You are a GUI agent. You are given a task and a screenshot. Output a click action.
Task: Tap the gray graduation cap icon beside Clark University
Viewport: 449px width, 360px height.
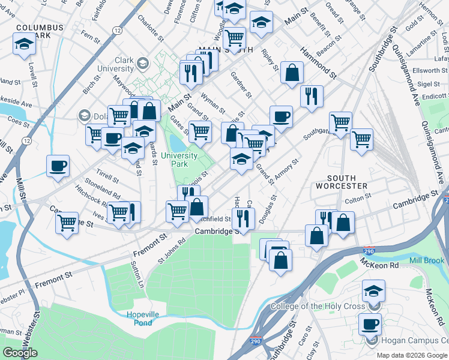point(143,62)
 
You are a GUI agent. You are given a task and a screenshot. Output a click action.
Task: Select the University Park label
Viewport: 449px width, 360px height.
point(179,160)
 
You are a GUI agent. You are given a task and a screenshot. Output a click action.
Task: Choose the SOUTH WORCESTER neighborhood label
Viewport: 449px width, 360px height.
point(348,182)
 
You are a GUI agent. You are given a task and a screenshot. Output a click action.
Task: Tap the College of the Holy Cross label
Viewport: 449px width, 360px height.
point(318,307)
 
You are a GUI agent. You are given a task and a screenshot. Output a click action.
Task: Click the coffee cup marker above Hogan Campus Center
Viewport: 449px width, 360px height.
point(370,325)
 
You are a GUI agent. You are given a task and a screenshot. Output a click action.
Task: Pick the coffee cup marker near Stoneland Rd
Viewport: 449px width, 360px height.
point(58,166)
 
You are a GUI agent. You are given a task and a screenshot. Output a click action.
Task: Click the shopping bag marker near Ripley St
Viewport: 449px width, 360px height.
point(292,73)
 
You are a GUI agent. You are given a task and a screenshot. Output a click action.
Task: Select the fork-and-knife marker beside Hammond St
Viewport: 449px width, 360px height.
point(312,95)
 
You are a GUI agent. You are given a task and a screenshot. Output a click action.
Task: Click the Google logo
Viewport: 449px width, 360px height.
point(20,353)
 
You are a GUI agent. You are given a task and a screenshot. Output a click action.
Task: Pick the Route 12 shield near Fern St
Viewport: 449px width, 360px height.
point(116,29)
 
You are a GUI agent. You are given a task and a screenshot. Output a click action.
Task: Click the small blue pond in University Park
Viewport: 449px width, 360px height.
point(178,143)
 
